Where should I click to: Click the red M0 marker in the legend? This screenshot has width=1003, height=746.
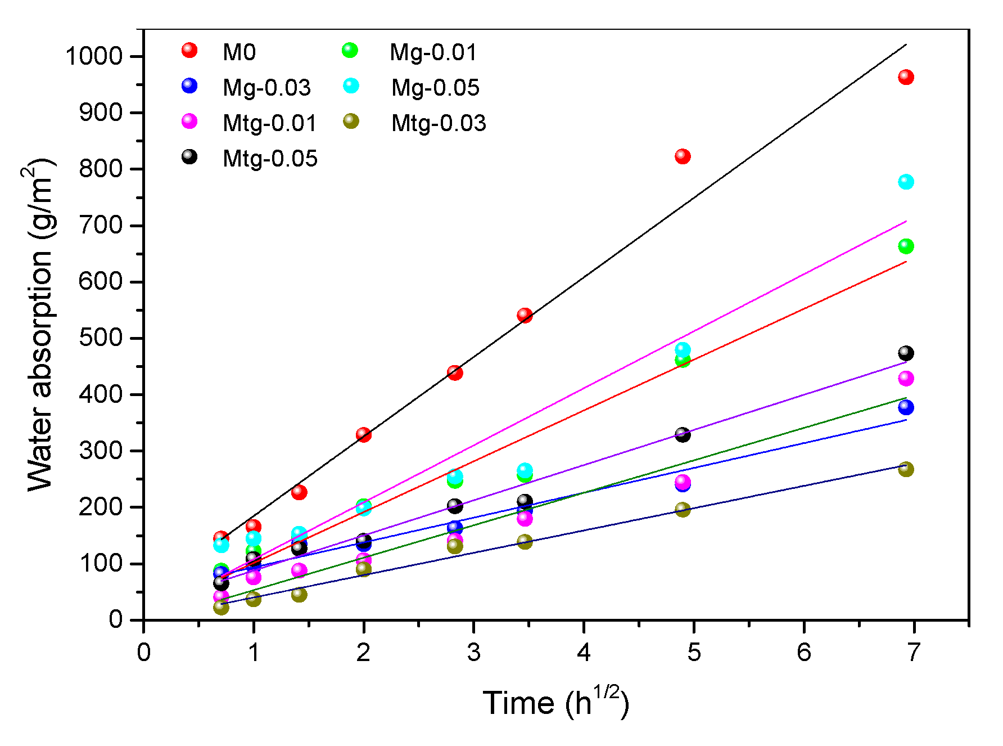[x=189, y=51]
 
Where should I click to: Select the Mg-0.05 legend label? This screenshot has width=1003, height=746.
[x=435, y=88]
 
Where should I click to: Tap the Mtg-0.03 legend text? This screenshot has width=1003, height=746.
[x=439, y=123]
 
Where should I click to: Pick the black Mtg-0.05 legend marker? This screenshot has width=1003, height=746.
[x=189, y=157]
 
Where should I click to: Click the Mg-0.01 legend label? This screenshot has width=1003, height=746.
[x=433, y=52]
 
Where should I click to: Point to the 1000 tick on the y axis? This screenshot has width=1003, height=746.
[x=94, y=56]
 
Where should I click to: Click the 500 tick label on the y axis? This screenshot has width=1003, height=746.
[x=101, y=338]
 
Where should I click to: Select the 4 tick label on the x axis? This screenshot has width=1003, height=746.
[x=584, y=653]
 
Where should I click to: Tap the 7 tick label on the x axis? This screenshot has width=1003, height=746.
[x=914, y=653]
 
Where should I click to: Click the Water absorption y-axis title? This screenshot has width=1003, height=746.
[x=40, y=326]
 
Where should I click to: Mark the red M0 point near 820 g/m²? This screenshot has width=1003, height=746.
[x=683, y=156]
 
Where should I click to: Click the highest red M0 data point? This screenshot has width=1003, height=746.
[x=906, y=77]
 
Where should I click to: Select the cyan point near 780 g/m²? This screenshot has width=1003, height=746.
[x=906, y=182]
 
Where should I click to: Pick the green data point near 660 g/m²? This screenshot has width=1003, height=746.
[x=906, y=246]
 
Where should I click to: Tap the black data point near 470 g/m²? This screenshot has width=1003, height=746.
[x=906, y=353]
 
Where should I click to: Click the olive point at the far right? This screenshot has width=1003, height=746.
[x=906, y=469]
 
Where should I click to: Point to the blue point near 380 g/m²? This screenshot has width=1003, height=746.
[x=906, y=407]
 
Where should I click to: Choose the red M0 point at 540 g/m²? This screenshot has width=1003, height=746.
[x=525, y=315]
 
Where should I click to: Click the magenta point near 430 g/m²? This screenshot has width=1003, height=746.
[x=906, y=378]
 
